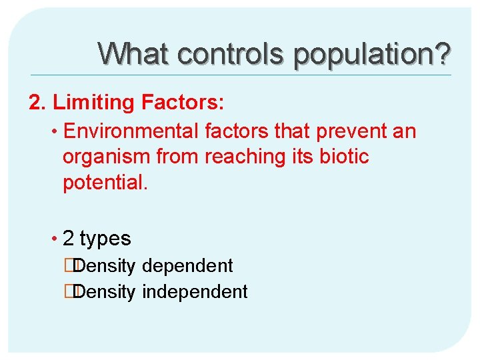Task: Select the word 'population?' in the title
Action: [372, 54]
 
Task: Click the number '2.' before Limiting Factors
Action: [37, 103]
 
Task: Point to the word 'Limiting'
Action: [93, 103]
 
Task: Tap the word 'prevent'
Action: [351, 131]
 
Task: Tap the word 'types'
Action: [105, 239]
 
